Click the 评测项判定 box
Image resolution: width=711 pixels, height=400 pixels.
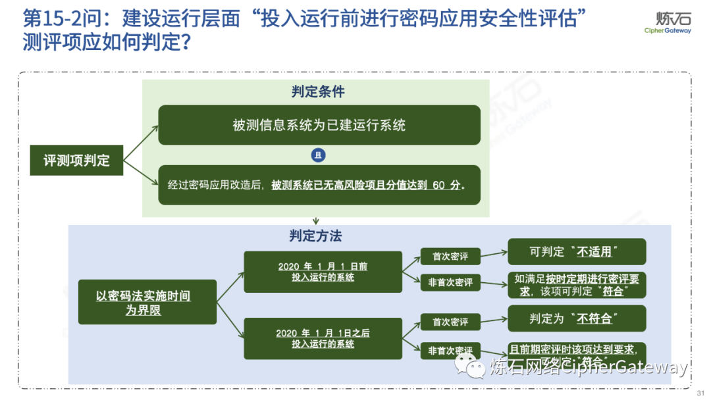click(x=76, y=160)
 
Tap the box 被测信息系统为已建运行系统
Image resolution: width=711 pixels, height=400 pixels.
click(x=319, y=125)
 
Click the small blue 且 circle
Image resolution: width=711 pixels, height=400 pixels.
click(x=319, y=155)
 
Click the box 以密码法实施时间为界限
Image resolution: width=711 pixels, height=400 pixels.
click(x=147, y=303)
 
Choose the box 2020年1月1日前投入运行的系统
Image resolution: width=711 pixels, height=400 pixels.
click(x=323, y=272)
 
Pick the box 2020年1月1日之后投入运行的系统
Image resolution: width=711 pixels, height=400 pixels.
click(x=323, y=338)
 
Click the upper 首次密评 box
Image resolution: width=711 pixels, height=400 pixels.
click(x=450, y=256)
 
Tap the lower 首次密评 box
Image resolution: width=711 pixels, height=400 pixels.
click(x=450, y=322)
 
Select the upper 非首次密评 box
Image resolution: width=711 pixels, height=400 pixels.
click(x=450, y=282)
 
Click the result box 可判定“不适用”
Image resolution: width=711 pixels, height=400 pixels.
click(x=577, y=252)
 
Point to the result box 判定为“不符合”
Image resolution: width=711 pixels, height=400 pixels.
click(x=577, y=318)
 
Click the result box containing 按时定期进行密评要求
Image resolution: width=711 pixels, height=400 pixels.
click(x=577, y=285)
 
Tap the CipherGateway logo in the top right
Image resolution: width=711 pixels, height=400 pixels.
click(x=667, y=23)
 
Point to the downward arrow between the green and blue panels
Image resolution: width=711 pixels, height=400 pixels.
click(x=316, y=221)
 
